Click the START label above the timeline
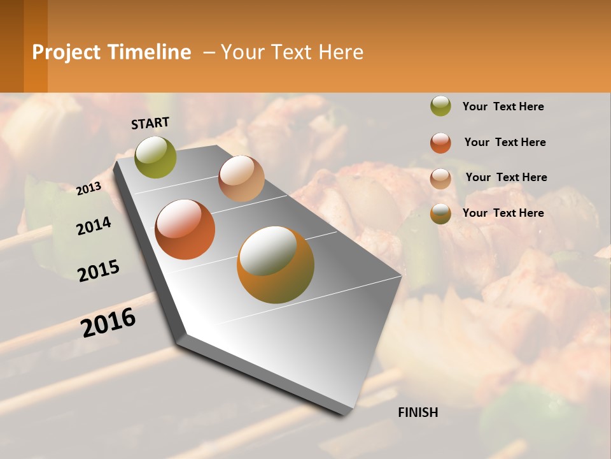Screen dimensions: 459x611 click(x=150, y=123)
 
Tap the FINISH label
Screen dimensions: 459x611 click(x=418, y=412)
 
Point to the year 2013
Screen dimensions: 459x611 click(x=88, y=188)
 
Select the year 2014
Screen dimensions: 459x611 click(x=94, y=226)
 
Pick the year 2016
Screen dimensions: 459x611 click(x=108, y=323)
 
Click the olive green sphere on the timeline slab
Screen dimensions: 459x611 click(x=156, y=157)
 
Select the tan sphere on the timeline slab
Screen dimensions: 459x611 click(x=241, y=178)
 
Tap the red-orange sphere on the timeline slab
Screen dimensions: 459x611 click(x=185, y=229)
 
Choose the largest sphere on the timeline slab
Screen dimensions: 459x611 click(x=276, y=265)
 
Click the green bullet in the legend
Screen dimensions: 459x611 click(x=440, y=106)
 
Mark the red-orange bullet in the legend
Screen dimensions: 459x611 click(x=440, y=143)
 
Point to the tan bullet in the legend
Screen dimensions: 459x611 click(x=440, y=178)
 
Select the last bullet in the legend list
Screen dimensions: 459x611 click(x=440, y=214)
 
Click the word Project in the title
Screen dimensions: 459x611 click(x=66, y=52)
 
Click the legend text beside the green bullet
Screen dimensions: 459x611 click(x=503, y=106)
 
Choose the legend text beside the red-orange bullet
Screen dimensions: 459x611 click(x=505, y=142)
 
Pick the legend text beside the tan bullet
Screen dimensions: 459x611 click(x=506, y=177)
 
